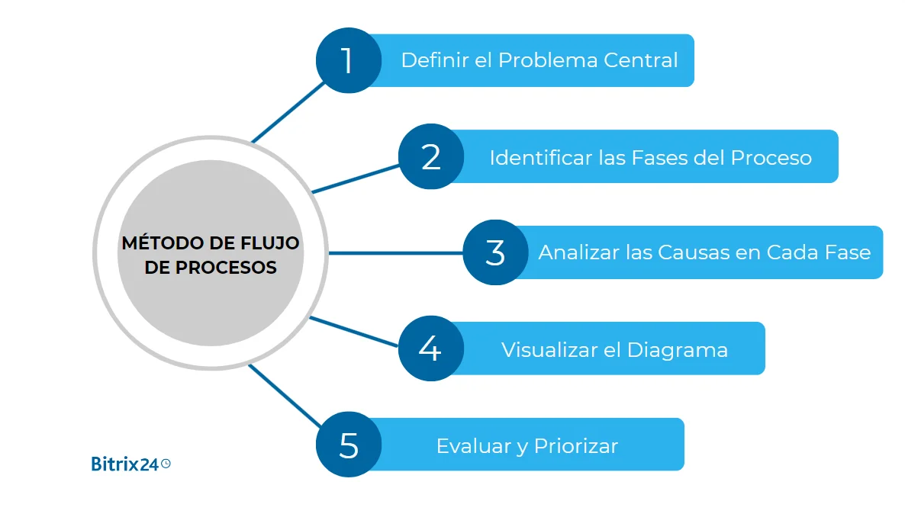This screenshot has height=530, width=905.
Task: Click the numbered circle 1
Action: [x=349, y=60]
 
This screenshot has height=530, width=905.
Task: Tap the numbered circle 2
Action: [x=431, y=156]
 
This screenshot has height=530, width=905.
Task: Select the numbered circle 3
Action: [x=495, y=252]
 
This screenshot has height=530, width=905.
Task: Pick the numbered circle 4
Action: [x=430, y=349]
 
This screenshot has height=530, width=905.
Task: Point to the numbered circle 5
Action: [x=349, y=445]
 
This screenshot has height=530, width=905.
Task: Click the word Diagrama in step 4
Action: [x=677, y=350]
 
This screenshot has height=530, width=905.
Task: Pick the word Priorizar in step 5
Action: [x=575, y=446]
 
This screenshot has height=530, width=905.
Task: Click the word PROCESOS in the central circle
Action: [x=226, y=268]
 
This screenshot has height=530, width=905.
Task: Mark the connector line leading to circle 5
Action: [x=284, y=396]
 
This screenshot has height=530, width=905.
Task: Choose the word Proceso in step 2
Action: [x=771, y=157]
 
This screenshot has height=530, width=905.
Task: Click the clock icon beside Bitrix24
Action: [x=166, y=463]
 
